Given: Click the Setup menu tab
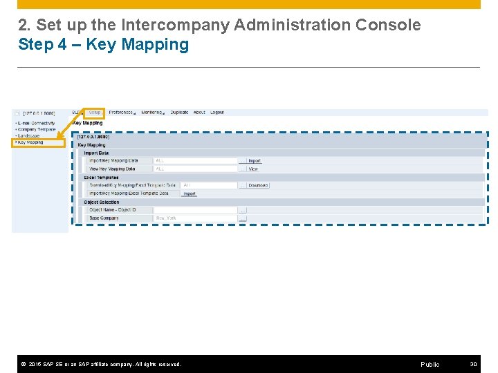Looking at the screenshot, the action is point(95,113).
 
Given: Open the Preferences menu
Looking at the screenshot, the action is point(122,113).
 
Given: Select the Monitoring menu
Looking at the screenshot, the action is point(152,113).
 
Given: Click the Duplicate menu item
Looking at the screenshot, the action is point(179,113).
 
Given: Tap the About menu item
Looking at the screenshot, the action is point(199,113).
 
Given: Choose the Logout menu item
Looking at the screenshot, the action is point(217,113).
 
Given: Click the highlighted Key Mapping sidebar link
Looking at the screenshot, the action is point(30,142).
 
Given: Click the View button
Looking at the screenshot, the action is point(253,169).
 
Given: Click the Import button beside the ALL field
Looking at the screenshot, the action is point(255,161).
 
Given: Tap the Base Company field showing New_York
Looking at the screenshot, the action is point(195,218).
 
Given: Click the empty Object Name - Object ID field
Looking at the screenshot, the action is point(195,210).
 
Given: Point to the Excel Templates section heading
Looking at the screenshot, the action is point(102,178).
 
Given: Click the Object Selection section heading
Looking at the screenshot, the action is point(102,202).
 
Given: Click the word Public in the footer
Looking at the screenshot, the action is point(430,364).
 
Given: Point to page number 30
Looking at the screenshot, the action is point(473,364).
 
